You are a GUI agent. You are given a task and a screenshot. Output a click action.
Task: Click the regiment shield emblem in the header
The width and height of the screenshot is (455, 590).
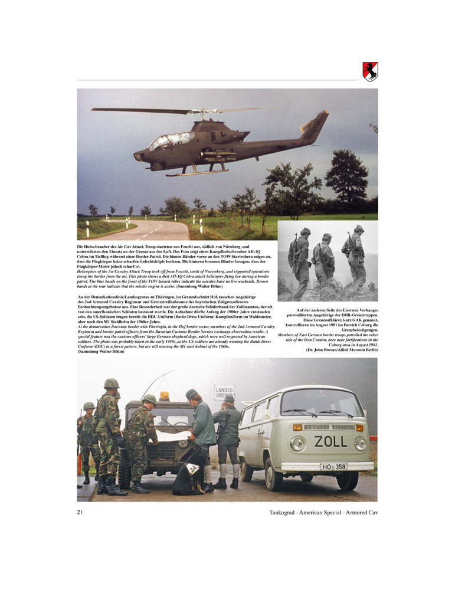370,71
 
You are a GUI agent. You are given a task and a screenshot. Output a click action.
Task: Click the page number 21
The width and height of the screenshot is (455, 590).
80,512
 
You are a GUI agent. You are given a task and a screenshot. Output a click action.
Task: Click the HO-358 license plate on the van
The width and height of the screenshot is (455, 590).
333,467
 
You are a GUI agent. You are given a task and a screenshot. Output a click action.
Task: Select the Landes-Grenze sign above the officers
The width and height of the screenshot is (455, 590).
224,392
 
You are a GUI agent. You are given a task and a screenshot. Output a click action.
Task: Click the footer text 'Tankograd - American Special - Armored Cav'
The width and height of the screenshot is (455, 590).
322,512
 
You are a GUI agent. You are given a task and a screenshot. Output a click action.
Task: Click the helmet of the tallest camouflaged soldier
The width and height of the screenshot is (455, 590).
111,383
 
